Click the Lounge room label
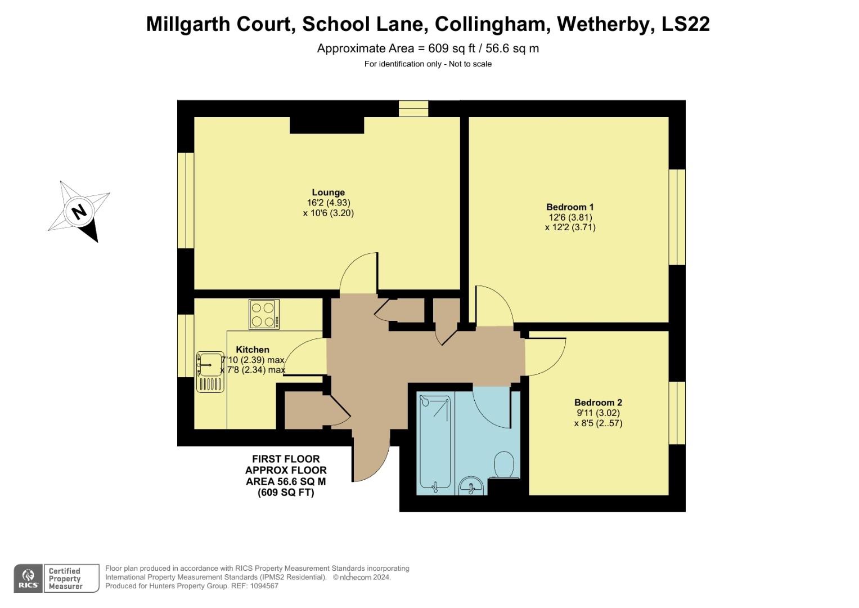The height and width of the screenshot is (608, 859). click(328, 193)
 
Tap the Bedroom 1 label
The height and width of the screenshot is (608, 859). click(570, 207)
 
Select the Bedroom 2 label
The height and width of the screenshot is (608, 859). click(598, 403)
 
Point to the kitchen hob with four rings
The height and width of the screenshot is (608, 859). click(264, 315)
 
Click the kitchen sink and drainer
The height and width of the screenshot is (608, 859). click(210, 372)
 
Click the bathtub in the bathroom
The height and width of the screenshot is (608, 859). click(435, 442)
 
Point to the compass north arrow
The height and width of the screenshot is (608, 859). click(79, 212)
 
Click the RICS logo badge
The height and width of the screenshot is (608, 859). click(28, 578)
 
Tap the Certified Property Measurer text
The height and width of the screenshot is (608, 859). click(65, 579)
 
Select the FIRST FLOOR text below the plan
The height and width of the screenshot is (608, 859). click(286, 459)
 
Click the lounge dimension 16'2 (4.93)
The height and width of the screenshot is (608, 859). click(329, 203)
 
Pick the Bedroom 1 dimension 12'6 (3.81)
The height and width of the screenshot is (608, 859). click(570, 217)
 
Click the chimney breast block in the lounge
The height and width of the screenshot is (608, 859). click(326, 125)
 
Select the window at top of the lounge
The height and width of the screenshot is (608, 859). click(413, 108)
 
